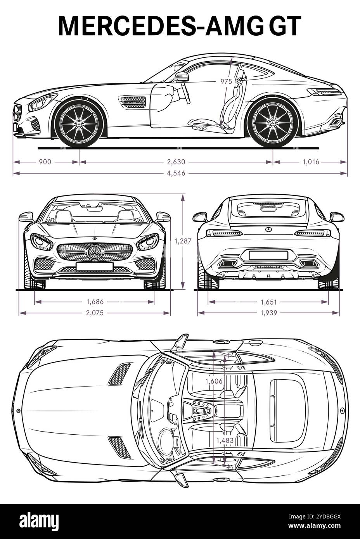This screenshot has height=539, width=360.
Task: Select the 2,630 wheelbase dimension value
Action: coord(176,162)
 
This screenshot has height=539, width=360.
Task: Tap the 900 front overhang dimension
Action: coord(45,162)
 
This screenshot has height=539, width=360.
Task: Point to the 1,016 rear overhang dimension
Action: coord(311,162)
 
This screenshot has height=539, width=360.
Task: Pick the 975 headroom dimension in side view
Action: coord(226,81)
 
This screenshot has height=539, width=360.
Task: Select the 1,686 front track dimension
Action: coord(95,301)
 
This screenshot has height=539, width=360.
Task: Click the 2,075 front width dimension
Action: coord(95,313)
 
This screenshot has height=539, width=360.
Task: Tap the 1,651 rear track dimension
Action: coord(268,301)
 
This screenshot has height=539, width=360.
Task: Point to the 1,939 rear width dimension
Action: coord(268,313)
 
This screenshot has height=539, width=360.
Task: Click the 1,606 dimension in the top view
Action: coord(214,381)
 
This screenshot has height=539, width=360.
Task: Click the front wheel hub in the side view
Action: coord(79,123)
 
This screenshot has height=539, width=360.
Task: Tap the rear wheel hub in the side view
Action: coord(273,123)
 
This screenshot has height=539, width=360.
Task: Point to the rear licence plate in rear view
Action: coord(268,255)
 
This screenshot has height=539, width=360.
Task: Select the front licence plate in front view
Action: coord(95,266)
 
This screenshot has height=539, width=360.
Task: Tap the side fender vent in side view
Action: coord(133,102)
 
